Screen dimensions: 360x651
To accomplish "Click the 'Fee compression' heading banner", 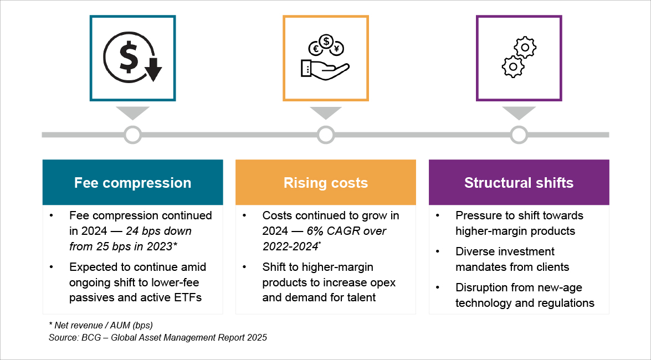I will pyautogui.click(x=132, y=183).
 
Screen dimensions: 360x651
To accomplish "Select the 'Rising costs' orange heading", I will pyautogui.click(x=325, y=183).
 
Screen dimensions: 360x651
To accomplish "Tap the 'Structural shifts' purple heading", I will pyautogui.click(x=519, y=183).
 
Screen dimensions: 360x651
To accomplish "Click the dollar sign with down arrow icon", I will pyautogui.click(x=132, y=58).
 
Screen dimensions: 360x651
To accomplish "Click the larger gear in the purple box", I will pyautogui.click(x=513, y=66).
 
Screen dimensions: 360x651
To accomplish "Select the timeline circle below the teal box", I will pyautogui.click(x=132, y=135).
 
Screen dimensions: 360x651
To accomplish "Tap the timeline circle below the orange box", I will pyautogui.click(x=326, y=135).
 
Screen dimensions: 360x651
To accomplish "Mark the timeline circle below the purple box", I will pyautogui.click(x=519, y=135).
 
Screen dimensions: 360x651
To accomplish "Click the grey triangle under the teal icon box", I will pyautogui.click(x=132, y=112).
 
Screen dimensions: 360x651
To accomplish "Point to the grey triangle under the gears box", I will pyautogui.click(x=519, y=112).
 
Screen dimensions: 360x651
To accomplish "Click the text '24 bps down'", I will pyautogui.click(x=158, y=231).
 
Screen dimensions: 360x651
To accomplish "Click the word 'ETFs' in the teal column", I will pyautogui.click(x=187, y=297).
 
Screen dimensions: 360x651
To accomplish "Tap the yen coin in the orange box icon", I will pyautogui.click(x=336, y=49).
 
